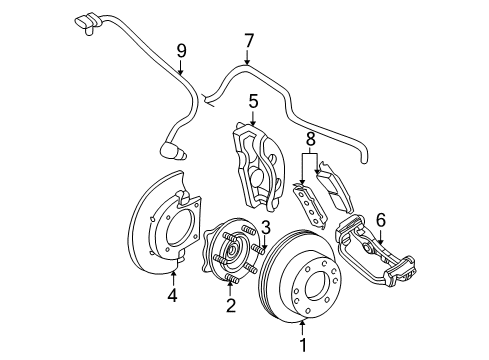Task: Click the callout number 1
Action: click(x=303, y=345)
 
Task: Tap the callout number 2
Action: click(x=231, y=306)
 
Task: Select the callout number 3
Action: click(x=266, y=228)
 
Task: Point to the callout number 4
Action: click(x=172, y=295)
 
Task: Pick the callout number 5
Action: click(x=253, y=101)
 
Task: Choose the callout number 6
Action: click(x=381, y=220)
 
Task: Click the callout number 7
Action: click(x=249, y=41)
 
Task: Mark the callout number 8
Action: click(x=310, y=139)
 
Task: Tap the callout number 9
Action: click(x=181, y=51)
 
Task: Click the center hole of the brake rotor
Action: click(x=317, y=286)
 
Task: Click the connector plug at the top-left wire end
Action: click(x=86, y=23)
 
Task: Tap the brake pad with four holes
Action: click(x=310, y=205)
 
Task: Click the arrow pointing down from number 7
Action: click(x=247, y=57)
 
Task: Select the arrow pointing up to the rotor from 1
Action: click(x=302, y=327)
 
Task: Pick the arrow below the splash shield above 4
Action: click(x=173, y=279)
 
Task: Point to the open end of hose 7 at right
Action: click(x=363, y=160)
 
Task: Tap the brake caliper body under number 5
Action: click(x=259, y=167)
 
